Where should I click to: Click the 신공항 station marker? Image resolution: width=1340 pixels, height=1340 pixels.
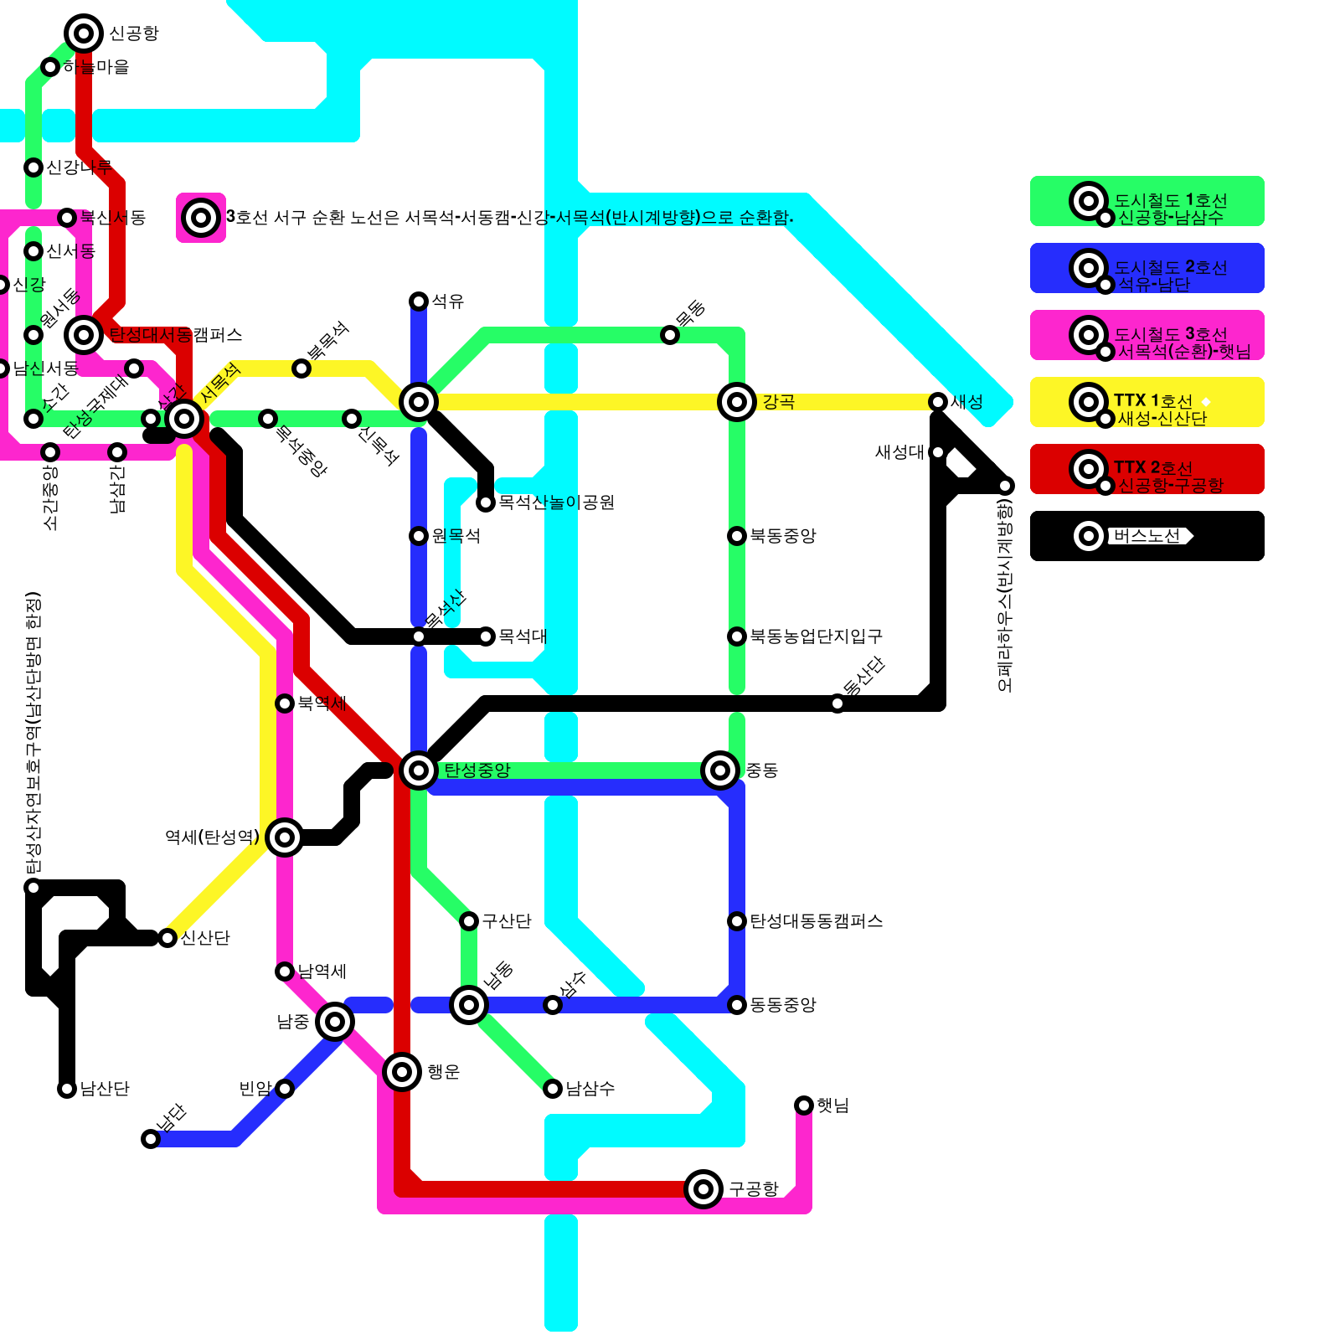click(84, 33)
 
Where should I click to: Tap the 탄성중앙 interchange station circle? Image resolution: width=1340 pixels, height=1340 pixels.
click(419, 770)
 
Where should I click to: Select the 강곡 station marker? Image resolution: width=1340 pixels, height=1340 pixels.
click(737, 402)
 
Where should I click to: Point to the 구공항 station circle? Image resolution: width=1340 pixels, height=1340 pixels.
click(703, 1188)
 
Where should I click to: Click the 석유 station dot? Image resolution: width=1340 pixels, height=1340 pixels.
click(419, 301)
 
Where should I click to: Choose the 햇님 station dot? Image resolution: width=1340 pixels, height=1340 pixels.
click(804, 1105)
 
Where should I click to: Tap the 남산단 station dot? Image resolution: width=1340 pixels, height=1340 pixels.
click(67, 1089)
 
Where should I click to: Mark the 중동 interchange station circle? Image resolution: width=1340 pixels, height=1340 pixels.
click(720, 770)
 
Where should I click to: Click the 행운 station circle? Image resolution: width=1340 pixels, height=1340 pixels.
click(402, 1071)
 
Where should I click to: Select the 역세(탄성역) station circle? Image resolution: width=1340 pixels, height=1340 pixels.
click(285, 837)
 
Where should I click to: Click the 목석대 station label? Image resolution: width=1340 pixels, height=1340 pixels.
click(522, 636)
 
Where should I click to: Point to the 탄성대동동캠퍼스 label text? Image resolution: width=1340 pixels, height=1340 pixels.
click(816, 921)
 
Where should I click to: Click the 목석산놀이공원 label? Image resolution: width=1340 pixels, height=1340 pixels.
click(556, 502)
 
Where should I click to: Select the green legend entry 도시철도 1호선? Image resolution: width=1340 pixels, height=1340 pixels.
click(1147, 201)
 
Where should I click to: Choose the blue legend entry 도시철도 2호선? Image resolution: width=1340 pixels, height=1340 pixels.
click(1147, 268)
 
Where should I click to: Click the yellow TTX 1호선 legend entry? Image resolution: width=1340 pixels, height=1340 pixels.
click(1147, 402)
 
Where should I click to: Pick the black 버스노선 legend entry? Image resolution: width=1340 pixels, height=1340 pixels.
click(1147, 536)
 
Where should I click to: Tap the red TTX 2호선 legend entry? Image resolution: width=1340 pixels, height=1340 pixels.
click(1147, 469)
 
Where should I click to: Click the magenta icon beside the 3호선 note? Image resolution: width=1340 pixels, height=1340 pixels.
click(201, 218)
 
